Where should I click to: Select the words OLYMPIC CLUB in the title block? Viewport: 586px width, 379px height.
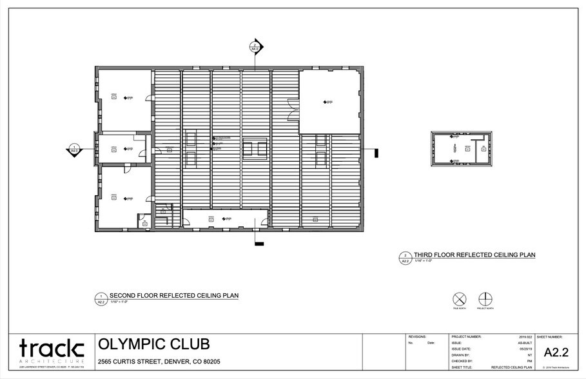153,344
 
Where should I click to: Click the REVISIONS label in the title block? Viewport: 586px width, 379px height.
418,337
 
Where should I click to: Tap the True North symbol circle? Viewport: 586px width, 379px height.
459,299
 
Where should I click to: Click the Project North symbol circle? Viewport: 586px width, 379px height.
485,299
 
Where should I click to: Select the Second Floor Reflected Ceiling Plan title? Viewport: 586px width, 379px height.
174,296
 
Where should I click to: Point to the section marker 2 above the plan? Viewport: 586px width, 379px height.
255,46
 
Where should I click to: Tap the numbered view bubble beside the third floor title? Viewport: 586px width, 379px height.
405,258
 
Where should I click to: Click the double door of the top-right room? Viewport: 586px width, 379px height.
294,107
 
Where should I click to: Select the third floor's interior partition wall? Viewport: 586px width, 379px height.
475,153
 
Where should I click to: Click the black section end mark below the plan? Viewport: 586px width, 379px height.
260,244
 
